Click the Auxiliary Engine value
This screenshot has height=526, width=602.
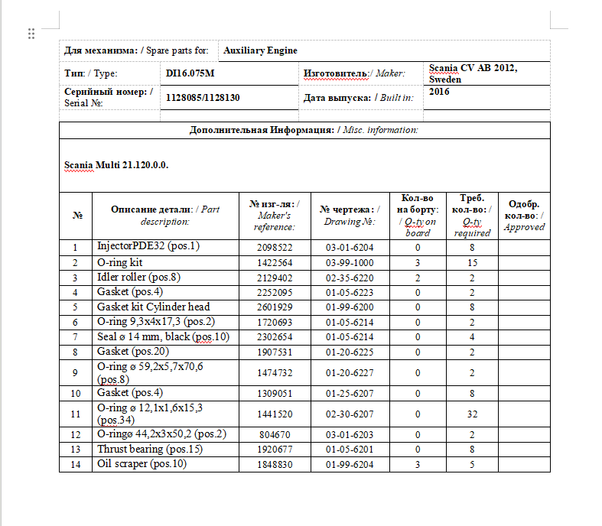[x=260, y=50]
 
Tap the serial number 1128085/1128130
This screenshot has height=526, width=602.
[x=203, y=98]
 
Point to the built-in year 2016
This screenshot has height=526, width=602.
[x=439, y=91]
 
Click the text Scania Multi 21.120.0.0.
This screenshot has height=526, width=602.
[x=116, y=165]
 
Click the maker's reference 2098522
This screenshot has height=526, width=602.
[x=275, y=248]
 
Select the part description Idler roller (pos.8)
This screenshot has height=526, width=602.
[x=138, y=277]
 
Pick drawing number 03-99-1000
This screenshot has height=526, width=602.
[x=349, y=262]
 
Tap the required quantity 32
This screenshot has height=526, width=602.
[x=472, y=414]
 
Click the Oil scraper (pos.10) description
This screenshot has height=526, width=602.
[x=142, y=464]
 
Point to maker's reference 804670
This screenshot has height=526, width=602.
[x=275, y=434]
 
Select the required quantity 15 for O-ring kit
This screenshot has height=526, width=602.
[x=472, y=262]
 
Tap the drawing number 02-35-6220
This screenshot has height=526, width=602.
[x=349, y=278]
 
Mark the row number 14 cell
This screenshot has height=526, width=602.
[x=75, y=464]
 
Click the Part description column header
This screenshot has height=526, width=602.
[x=164, y=215]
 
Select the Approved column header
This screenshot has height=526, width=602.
[x=524, y=215]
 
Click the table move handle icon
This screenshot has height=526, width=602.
[x=31, y=34]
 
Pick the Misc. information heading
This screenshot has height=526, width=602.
[x=304, y=130]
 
